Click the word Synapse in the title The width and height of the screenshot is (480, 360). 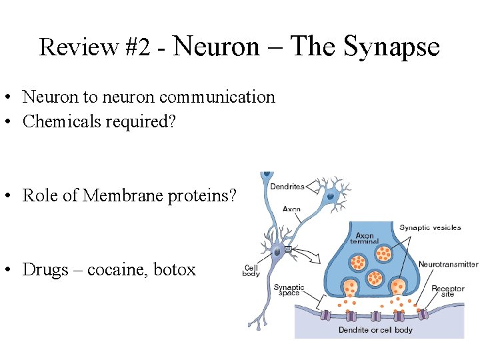click(392, 47)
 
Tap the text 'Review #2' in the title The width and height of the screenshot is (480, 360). click(95, 47)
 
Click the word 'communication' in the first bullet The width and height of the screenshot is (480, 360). click(217, 97)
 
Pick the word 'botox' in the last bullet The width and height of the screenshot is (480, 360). click(175, 270)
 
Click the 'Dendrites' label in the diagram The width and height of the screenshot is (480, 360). click(287, 187)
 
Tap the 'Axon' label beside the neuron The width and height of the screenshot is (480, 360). click(291, 209)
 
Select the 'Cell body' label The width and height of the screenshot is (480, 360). click(251, 271)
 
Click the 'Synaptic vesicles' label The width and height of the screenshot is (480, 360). click(430, 227)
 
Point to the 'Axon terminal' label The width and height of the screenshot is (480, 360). click(365, 239)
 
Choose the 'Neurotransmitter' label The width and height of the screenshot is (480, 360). click(448, 264)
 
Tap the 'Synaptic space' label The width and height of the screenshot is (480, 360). click(289, 290)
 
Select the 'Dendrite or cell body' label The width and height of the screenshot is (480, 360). click(375, 330)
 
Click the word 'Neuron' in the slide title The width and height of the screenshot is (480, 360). click(216, 47)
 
